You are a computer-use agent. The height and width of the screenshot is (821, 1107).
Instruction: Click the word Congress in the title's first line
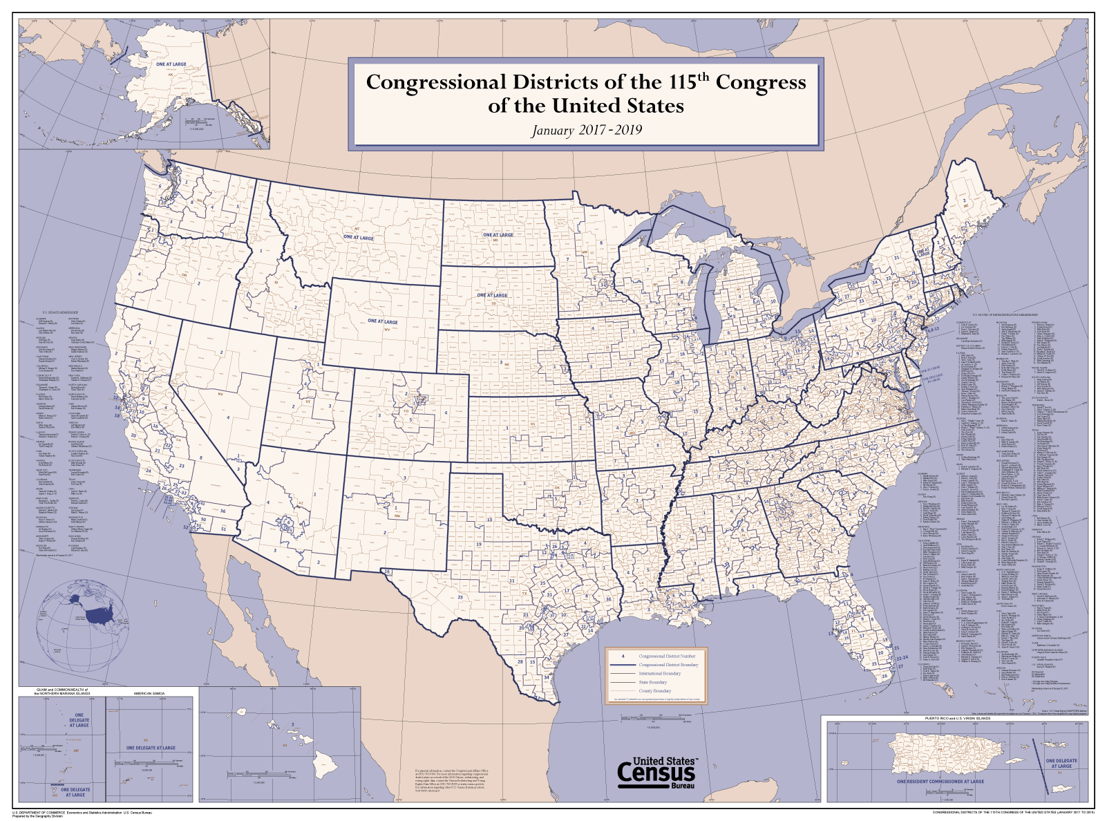tap(760, 82)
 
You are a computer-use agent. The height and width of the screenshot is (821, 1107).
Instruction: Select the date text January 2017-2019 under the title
tap(586, 130)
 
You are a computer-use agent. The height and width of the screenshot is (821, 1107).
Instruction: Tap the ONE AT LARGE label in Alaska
tap(171, 64)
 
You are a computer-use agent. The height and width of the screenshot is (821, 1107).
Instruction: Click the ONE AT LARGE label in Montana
tap(358, 237)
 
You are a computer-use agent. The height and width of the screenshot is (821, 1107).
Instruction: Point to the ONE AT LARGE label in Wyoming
tap(382, 321)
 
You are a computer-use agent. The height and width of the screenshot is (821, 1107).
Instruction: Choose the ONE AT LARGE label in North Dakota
tap(498, 235)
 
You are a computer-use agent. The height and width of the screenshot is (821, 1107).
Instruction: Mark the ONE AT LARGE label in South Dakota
tap(492, 295)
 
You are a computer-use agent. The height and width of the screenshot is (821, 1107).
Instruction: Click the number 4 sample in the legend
tap(623, 656)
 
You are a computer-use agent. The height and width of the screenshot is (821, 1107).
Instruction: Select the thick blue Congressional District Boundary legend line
tap(623, 665)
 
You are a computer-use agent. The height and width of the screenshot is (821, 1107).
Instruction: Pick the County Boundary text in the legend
tap(654, 690)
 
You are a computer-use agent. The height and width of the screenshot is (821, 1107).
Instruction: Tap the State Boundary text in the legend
tap(652, 682)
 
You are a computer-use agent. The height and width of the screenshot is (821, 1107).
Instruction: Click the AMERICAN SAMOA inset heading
tap(149, 692)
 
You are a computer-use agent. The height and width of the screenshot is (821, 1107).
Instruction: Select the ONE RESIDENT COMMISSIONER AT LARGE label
tap(940, 782)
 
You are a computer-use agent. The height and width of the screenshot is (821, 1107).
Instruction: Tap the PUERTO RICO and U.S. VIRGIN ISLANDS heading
tap(957, 718)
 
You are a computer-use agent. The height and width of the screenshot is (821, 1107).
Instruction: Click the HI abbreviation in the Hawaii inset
tap(285, 746)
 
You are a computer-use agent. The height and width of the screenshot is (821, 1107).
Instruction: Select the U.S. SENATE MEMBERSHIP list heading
tap(57, 312)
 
